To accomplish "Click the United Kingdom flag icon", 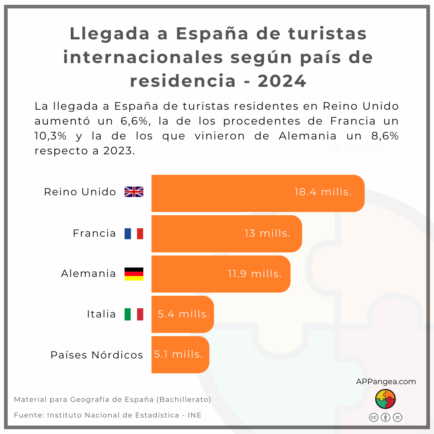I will click(134, 192).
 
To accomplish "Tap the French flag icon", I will click(134, 233).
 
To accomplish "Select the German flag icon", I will click(134, 274).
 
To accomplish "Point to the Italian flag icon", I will click(134, 314).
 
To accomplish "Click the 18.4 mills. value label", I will click(323, 192).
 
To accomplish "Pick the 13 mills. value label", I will click(267, 233).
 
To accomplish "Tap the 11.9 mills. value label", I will click(255, 274).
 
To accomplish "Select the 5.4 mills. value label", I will click(184, 314).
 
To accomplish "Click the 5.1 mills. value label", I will click(178, 354).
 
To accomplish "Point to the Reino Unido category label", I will click(80, 192).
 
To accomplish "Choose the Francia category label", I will click(94, 233).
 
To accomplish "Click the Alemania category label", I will click(88, 274).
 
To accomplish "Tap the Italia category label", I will click(101, 314).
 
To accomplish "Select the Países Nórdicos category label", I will click(97, 355).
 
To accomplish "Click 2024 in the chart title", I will click(282, 81).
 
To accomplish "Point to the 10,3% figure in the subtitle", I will click(51, 136).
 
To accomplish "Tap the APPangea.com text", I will click(386, 382).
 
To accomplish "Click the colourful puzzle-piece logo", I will click(386, 399).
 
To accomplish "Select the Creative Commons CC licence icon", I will click(374, 417).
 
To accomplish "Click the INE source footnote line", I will click(108, 415).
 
